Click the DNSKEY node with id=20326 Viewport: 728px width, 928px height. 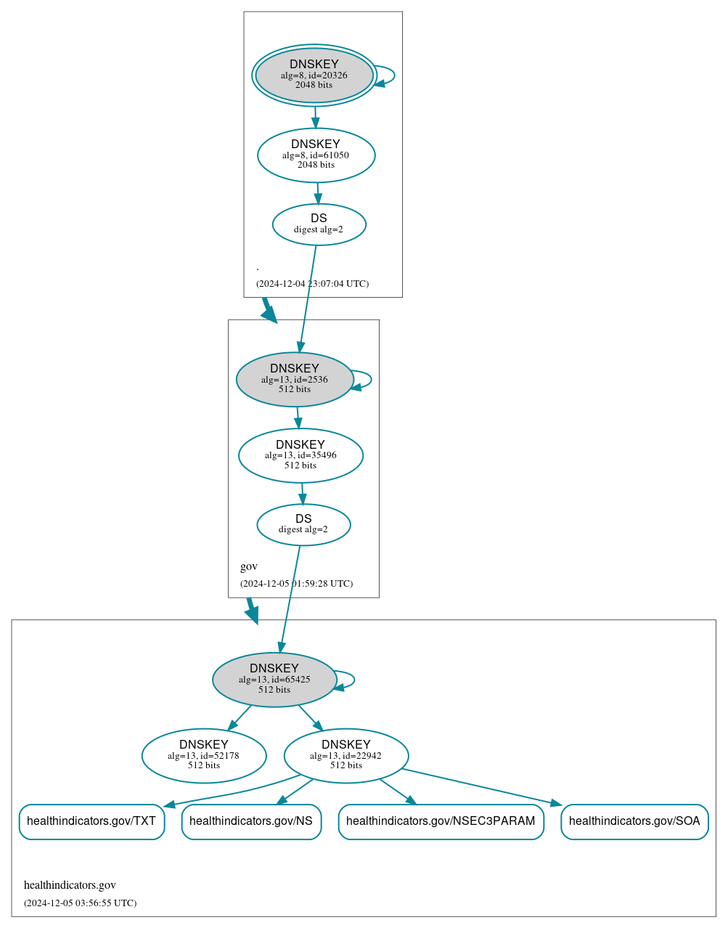click(x=314, y=75)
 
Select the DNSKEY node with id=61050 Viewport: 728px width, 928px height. click(x=316, y=155)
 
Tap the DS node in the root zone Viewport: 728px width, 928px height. click(x=319, y=224)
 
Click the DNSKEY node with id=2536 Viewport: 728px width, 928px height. click(x=295, y=379)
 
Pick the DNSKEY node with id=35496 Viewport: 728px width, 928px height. click(x=300, y=455)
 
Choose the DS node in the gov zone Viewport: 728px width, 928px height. click(x=303, y=524)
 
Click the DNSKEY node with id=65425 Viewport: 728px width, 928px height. click(x=274, y=679)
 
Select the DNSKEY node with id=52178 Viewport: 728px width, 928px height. click(x=204, y=755)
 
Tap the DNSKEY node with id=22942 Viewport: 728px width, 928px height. click(x=346, y=755)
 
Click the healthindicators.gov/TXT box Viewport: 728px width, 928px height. click(x=91, y=821)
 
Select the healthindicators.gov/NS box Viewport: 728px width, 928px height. click(x=251, y=821)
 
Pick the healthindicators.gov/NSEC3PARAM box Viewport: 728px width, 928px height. click(x=441, y=821)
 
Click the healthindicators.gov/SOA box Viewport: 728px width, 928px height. click(x=634, y=821)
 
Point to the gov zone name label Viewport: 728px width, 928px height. click(x=249, y=566)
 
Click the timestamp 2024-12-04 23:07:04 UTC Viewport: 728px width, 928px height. click(x=312, y=284)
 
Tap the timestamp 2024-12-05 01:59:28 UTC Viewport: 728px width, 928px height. click(x=296, y=584)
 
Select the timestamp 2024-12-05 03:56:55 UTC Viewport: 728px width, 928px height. click(x=80, y=903)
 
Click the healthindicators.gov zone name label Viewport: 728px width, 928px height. click(x=70, y=885)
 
